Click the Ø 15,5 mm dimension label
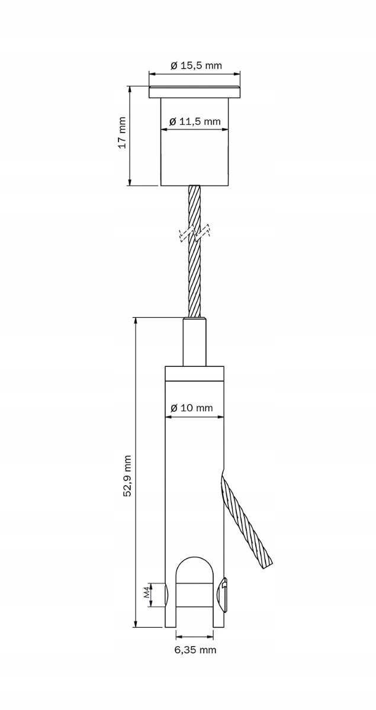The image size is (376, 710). coord(195,66)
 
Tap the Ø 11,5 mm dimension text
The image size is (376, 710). coord(195,121)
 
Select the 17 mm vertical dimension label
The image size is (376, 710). coord(121,135)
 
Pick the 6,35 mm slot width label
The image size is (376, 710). coord(195,650)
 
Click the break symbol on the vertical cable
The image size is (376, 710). coord(195,233)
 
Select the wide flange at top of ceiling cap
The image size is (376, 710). coord(195,92)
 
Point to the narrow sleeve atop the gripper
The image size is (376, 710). coord(195,342)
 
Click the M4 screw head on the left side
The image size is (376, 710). coord(167,595)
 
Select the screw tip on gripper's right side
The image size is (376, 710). coord(223,594)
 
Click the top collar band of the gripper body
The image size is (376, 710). coord(195,373)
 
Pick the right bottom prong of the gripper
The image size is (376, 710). coord(218,618)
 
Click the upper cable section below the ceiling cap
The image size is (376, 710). coord(195,204)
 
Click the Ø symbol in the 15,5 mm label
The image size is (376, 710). coord(173,66)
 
